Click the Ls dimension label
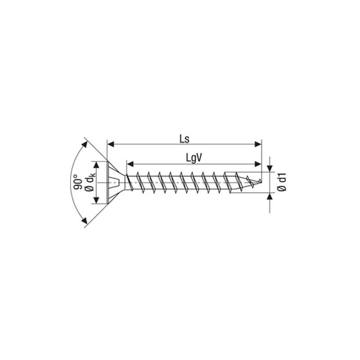click(x=184, y=139)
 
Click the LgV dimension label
click(x=194, y=158)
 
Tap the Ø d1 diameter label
click(x=282, y=183)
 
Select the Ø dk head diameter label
click(x=90, y=183)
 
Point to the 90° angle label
click(x=78, y=182)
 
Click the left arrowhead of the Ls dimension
click(x=111, y=144)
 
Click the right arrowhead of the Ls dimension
click(x=258, y=144)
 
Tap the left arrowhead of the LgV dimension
click(x=130, y=164)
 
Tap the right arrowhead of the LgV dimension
click(x=258, y=164)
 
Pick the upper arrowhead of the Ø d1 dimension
click(x=270, y=168)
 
